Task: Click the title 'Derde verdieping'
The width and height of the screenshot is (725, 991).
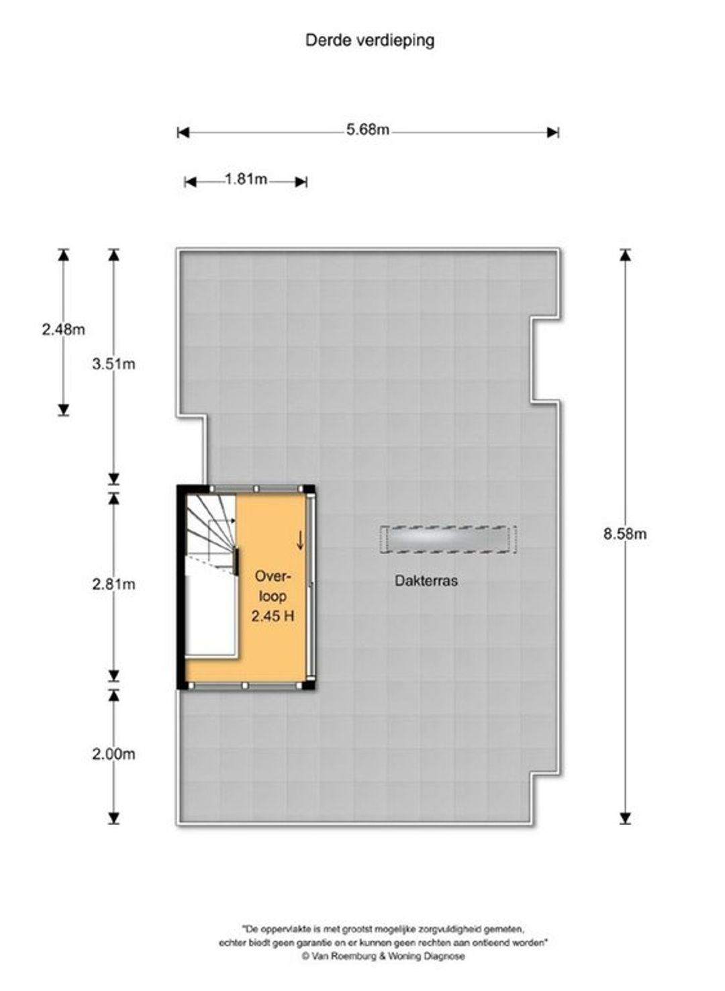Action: pyautogui.click(x=370, y=41)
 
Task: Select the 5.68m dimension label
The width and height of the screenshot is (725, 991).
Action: pyautogui.click(x=368, y=130)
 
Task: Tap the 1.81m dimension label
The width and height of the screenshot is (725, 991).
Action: pyautogui.click(x=246, y=179)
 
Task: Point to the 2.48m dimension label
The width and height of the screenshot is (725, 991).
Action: pyautogui.click(x=63, y=330)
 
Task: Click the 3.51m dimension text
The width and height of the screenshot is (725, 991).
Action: pyautogui.click(x=113, y=364)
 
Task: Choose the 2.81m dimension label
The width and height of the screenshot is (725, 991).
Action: pyautogui.click(x=113, y=584)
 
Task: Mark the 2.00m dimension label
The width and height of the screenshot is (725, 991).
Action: pyautogui.click(x=113, y=754)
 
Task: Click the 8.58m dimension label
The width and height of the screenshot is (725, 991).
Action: pyautogui.click(x=624, y=534)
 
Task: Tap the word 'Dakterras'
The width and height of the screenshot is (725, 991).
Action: pyautogui.click(x=426, y=581)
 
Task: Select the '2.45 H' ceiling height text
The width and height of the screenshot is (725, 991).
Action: pyautogui.click(x=273, y=616)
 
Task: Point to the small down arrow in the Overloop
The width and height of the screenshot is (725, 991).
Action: pyautogui.click(x=300, y=540)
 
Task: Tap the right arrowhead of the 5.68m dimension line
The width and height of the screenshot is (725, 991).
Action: pyautogui.click(x=553, y=132)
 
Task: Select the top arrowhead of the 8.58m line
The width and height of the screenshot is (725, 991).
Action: pyautogui.click(x=624, y=255)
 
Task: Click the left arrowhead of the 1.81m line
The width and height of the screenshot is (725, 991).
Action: pyautogui.click(x=190, y=182)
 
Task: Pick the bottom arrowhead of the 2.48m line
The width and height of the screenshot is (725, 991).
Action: pyautogui.click(x=63, y=410)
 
